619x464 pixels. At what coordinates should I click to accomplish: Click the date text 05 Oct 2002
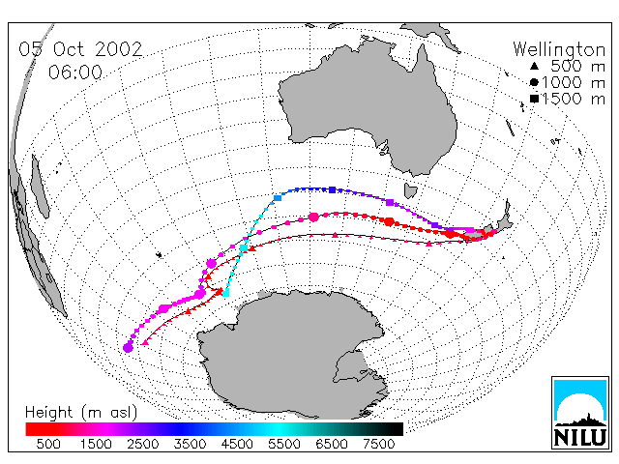pos(80,49)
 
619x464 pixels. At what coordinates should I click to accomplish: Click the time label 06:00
pos(75,72)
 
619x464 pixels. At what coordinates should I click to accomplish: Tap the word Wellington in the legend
pos(559,49)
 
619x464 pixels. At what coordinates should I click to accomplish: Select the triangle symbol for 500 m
pos(534,67)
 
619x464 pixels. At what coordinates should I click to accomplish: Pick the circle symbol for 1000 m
pos(534,82)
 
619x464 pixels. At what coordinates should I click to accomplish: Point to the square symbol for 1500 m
pos(534,99)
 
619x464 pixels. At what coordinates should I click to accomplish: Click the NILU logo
pos(580,413)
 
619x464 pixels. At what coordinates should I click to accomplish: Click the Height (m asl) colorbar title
pos(81,413)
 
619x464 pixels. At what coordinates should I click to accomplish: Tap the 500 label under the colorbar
pos(48,445)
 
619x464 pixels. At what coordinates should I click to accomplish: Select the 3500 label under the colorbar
pos(190,445)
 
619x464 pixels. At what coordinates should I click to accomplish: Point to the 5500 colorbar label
pos(283,445)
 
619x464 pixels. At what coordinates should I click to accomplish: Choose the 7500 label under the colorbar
pos(378,445)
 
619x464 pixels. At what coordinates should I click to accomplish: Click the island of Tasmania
pos(410,191)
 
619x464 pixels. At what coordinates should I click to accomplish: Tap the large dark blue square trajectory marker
pos(333,189)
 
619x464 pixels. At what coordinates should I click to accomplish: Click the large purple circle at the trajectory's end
pos(128,348)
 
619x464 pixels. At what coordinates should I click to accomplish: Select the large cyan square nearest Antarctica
pos(225,293)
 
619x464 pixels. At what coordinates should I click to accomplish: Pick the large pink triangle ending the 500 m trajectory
pos(145,342)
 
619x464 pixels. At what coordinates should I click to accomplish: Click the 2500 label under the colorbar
pos(142,445)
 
